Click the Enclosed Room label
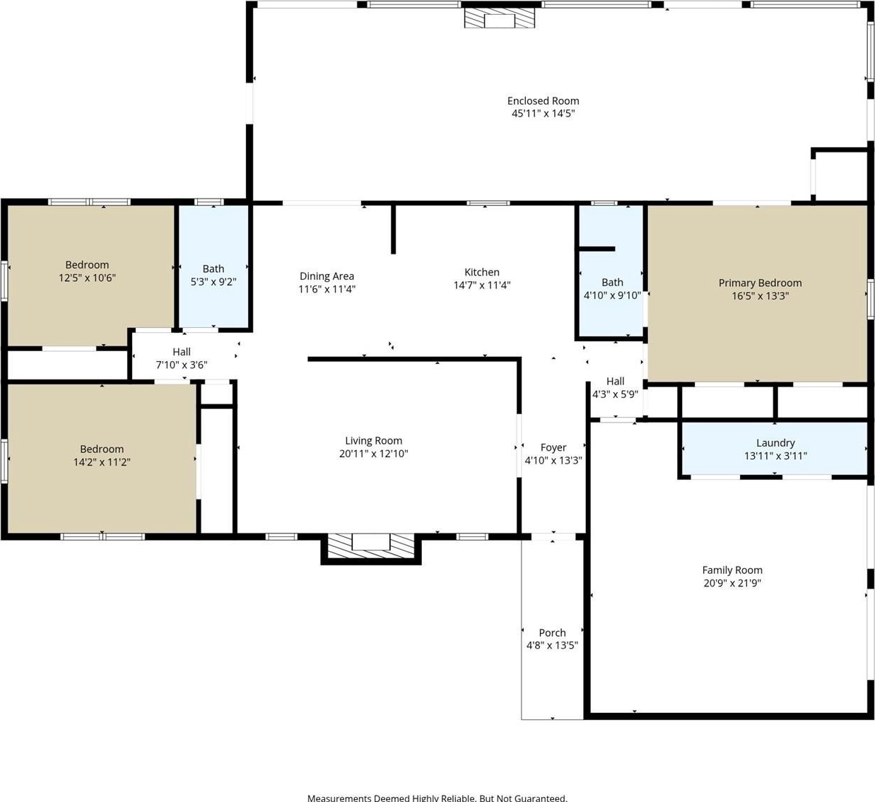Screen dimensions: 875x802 [x=543, y=101]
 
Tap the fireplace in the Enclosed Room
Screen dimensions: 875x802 [x=500, y=18]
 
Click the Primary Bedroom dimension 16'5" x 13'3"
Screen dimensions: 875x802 [x=761, y=295]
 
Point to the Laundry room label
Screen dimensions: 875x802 [x=775, y=442]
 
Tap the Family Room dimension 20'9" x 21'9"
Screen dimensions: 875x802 [x=732, y=583]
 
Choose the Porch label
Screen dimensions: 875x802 [x=552, y=632]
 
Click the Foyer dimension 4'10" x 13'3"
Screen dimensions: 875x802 [x=553, y=460]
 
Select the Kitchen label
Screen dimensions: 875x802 [x=482, y=272]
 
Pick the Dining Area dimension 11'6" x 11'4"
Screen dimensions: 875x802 [x=327, y=289]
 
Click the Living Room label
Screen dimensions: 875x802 [x=373, y=440]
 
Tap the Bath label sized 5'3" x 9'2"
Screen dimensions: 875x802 [x=213, y=269]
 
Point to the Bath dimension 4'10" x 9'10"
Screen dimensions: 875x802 [x=612, y=295]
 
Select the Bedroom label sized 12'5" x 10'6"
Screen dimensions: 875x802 [x=87, y=265]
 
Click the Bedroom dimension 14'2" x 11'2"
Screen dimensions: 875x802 [x=102, y=462]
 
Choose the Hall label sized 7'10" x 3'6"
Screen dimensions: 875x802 [x=182, y=351]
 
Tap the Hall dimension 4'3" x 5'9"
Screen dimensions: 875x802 [x=615, y=394]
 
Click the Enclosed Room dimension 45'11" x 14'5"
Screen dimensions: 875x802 [x=543, y=113]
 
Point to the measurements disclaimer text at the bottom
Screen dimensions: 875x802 [x=437, y=798]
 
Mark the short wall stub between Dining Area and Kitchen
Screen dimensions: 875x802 [x=393, y=228]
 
